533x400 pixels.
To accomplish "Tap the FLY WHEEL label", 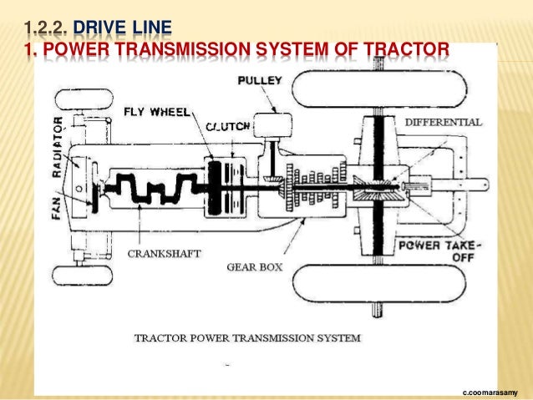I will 157,111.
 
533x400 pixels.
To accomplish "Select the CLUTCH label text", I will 227,125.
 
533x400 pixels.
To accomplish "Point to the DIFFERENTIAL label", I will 443,122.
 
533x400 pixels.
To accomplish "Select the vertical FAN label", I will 58,201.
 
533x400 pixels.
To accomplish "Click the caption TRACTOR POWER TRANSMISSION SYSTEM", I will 247,338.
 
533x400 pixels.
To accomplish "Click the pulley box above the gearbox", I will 265,126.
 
